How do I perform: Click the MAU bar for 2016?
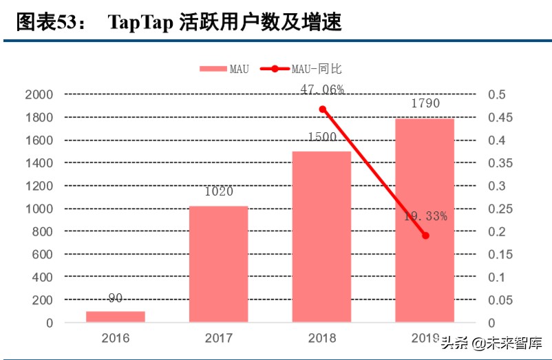tap(115, 317)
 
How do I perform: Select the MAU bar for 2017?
tap(218, 264)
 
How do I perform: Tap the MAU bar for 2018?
tap(321, 237)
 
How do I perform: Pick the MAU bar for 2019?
tap(425, 220)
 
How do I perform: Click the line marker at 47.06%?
tap(322, 109)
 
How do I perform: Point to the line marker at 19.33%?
tap(425, 235)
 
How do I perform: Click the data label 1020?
tap(219, 192)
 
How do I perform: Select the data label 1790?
tap(425, 103)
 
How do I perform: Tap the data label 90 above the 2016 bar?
tap(116, 298)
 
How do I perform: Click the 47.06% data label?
tap(322, 89)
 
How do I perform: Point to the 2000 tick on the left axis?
tap(39, 95)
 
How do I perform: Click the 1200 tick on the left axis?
tap(39, 186)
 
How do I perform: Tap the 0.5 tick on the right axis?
tap(497, 95)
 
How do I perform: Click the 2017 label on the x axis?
tap(218, 339)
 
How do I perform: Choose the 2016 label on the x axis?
tap(115, 339)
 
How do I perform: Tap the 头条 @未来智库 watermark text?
tap(491, 342)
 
